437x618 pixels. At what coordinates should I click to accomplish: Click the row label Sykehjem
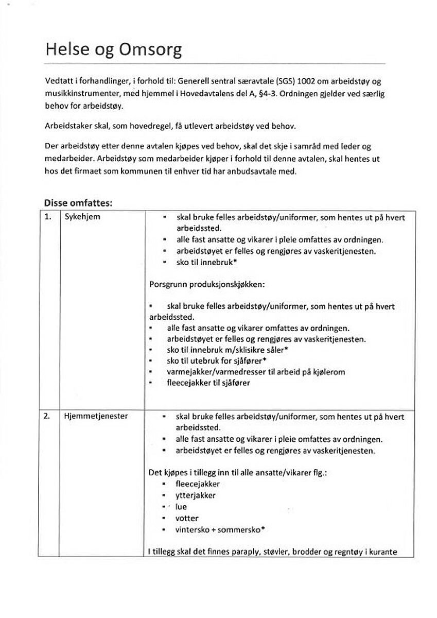[x=82, y=217]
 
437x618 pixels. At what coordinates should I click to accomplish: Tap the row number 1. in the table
[x=48, y=217]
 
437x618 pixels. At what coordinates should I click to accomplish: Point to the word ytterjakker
[x=196, y=495]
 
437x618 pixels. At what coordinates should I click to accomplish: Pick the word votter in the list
[x=187, y=518]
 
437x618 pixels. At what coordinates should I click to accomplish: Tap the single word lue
[x=181, y=507]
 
